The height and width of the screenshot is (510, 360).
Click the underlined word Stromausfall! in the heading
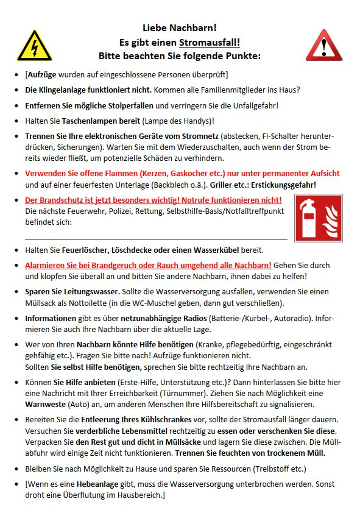pyautogui.click(x=210, y=42)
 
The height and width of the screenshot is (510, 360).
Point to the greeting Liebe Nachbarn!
pyautogui.click(x=179, y=28)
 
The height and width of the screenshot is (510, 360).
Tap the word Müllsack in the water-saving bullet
pyautogui.click(x=40, y=303)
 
